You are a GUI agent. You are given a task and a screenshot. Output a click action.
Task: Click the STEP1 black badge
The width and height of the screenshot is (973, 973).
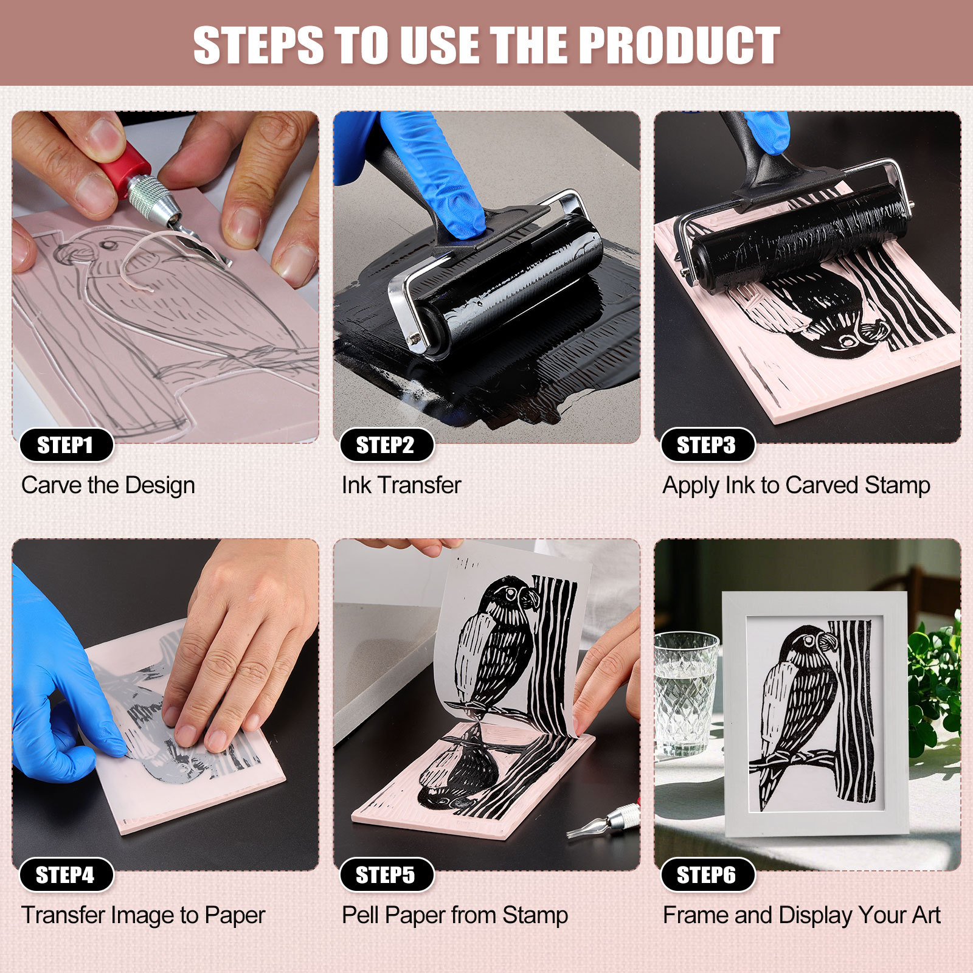click(x=66, y=445)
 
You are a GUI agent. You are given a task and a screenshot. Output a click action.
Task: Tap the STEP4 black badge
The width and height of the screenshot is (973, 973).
click(x=66, y=875)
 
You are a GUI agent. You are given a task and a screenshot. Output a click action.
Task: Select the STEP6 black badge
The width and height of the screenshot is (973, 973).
click(x=707, y=875)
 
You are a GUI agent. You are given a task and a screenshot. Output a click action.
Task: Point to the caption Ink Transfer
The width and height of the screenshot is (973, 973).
click(x=401, y=485)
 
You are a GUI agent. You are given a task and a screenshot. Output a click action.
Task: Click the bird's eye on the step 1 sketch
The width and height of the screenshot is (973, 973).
click(x=108, y=245)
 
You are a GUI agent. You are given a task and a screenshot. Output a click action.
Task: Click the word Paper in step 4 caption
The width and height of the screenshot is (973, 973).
click(x=235, y=915)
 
